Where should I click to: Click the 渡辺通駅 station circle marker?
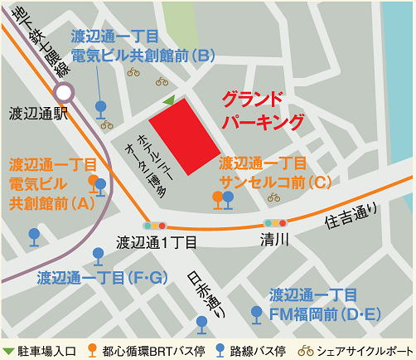click(x=64, y=93)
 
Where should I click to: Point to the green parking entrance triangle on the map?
click(x=169, y=100)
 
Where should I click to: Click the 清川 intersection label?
click(x=274, y=241)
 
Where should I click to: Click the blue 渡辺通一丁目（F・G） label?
click(x=104, y=276)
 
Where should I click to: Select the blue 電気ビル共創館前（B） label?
click(x=143, y=46)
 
